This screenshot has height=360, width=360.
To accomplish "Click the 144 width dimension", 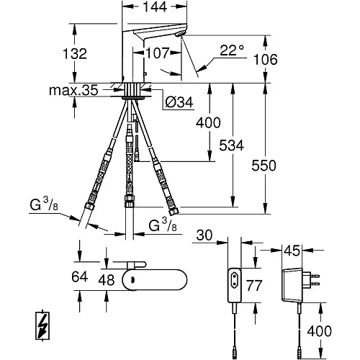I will [x=151, y=10].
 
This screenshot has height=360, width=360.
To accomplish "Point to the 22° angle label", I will [x=231, y=50].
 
